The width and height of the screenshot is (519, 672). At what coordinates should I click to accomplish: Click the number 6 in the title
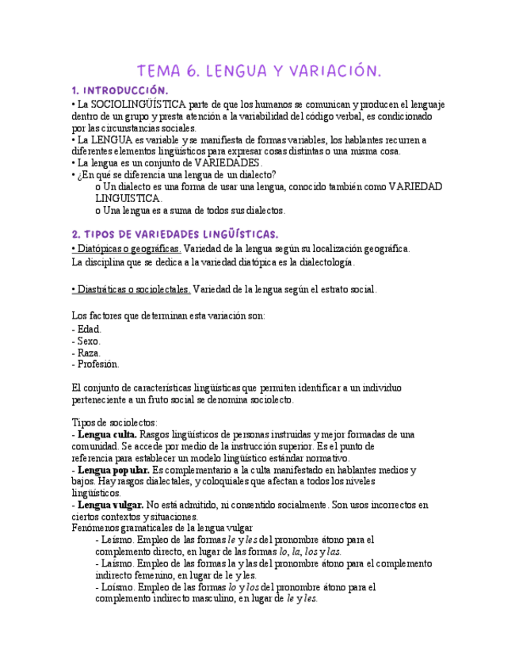pos(192,71)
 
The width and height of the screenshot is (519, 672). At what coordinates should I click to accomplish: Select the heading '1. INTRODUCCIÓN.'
pos(120,90)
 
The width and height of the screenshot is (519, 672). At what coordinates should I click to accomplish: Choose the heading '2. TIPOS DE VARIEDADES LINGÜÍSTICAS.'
pos(175,234)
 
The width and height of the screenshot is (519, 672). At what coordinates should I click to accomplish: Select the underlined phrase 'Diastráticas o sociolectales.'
pos(132,289)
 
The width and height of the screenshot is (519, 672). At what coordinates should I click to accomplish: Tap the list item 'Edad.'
pos(88,329)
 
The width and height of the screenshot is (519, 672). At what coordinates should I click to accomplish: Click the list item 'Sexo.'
pos(88,341)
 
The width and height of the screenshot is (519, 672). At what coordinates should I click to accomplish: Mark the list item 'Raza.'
pos(88,353)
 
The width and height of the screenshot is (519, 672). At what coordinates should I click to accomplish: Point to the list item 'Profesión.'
pos(97,365)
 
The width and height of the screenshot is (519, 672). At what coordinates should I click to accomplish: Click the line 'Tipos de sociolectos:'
pos(115,422)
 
